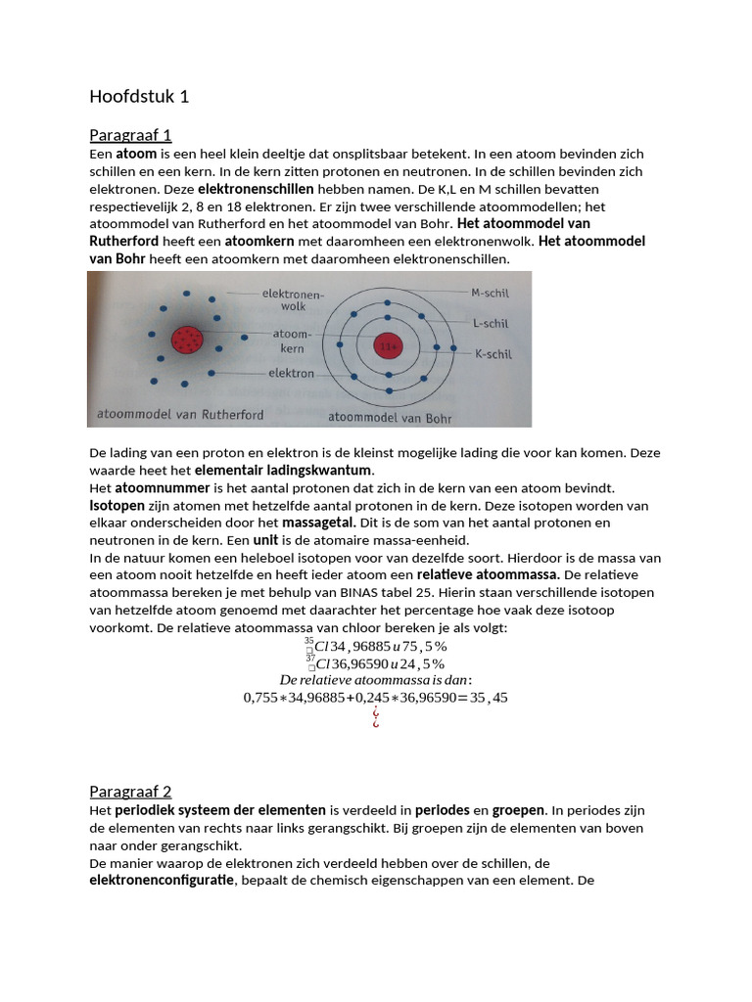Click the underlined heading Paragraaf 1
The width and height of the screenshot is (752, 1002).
pyautogui.click(x=130, y=135)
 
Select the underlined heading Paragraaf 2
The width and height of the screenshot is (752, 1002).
pyautogui.click(x=130, y=791)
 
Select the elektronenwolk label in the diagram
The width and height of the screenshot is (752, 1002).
pyautogui.click(x=285, y=298)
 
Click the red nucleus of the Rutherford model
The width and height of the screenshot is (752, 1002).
pyautogui.click(x=187, y=340)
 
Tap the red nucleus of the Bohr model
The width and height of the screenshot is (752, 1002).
pyautogui.click(x=389, y=345)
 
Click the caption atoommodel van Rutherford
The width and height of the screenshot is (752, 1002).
pyautogui.click(x=180, y=414)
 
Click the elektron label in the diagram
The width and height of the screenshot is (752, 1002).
pyautogui.click(x=291, y=373)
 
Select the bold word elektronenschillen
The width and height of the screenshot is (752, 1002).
pyautogui.click(x=256, y=188)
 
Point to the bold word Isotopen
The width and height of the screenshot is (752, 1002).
pyautogui.click(x=117, y=505)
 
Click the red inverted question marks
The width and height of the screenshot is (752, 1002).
pyautogui.click(x=375, y=720)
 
